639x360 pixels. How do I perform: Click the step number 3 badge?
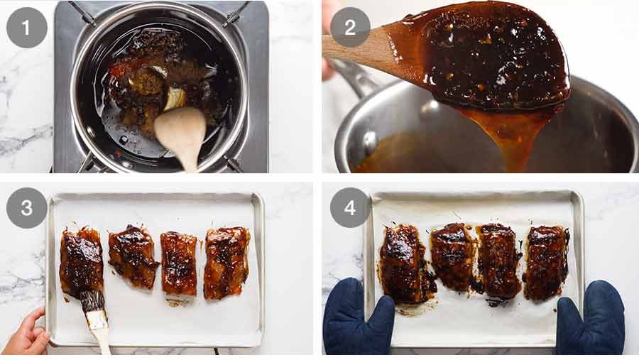(27, 208)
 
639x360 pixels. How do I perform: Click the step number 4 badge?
(350, 208)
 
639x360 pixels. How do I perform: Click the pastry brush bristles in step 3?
(92, 301)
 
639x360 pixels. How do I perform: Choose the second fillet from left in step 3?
(132, 256)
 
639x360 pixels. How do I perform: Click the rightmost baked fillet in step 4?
(546, 262)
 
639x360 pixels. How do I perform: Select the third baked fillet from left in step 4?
(498, 260)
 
